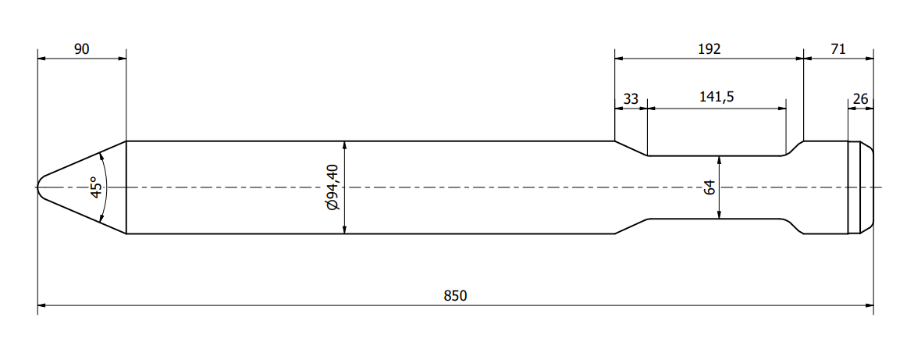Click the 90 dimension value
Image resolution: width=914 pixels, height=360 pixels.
82,49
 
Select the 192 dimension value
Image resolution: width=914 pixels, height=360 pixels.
710,49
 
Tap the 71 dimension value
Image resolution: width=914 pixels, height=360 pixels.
838,49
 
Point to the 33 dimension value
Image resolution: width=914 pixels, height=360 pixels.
631,99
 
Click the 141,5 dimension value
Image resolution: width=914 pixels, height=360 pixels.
717,98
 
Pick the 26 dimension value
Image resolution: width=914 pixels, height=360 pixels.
860,99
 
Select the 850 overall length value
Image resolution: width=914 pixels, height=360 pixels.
455,296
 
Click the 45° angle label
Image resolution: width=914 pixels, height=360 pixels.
97,187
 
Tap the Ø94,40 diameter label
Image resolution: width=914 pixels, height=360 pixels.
333,187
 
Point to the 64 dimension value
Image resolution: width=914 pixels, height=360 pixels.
710,187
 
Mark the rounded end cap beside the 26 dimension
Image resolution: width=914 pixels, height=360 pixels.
867,187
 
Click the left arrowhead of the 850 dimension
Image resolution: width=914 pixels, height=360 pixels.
42,305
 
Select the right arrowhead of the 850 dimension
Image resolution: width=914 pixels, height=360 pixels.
869,305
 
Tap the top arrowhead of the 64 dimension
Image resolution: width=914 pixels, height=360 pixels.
720,160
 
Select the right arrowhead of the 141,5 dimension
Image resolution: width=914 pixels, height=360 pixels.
781,108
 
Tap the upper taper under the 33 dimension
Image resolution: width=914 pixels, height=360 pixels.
631,149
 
